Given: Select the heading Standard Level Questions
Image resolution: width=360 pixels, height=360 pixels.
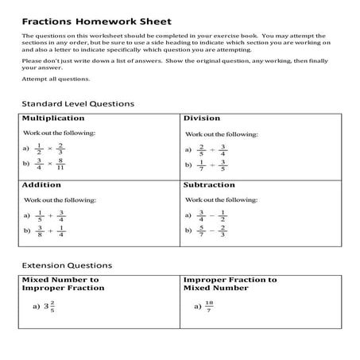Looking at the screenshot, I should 77,103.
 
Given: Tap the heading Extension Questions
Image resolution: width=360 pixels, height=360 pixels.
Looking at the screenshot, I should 66,265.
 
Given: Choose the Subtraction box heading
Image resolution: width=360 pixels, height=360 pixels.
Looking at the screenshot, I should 209,184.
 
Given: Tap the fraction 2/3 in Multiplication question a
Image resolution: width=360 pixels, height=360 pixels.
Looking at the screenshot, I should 60,149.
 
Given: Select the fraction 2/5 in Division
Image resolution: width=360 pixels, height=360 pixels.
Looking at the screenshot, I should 202,149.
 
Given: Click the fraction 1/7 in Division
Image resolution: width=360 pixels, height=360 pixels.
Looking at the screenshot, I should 202,165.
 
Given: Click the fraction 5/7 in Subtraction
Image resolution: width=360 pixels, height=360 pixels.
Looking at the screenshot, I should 202,232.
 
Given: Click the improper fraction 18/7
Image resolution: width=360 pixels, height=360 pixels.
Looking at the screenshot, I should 208,306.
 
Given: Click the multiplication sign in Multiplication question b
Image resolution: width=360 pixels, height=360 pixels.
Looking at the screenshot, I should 49,165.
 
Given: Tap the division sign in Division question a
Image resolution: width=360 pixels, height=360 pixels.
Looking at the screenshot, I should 213,149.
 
